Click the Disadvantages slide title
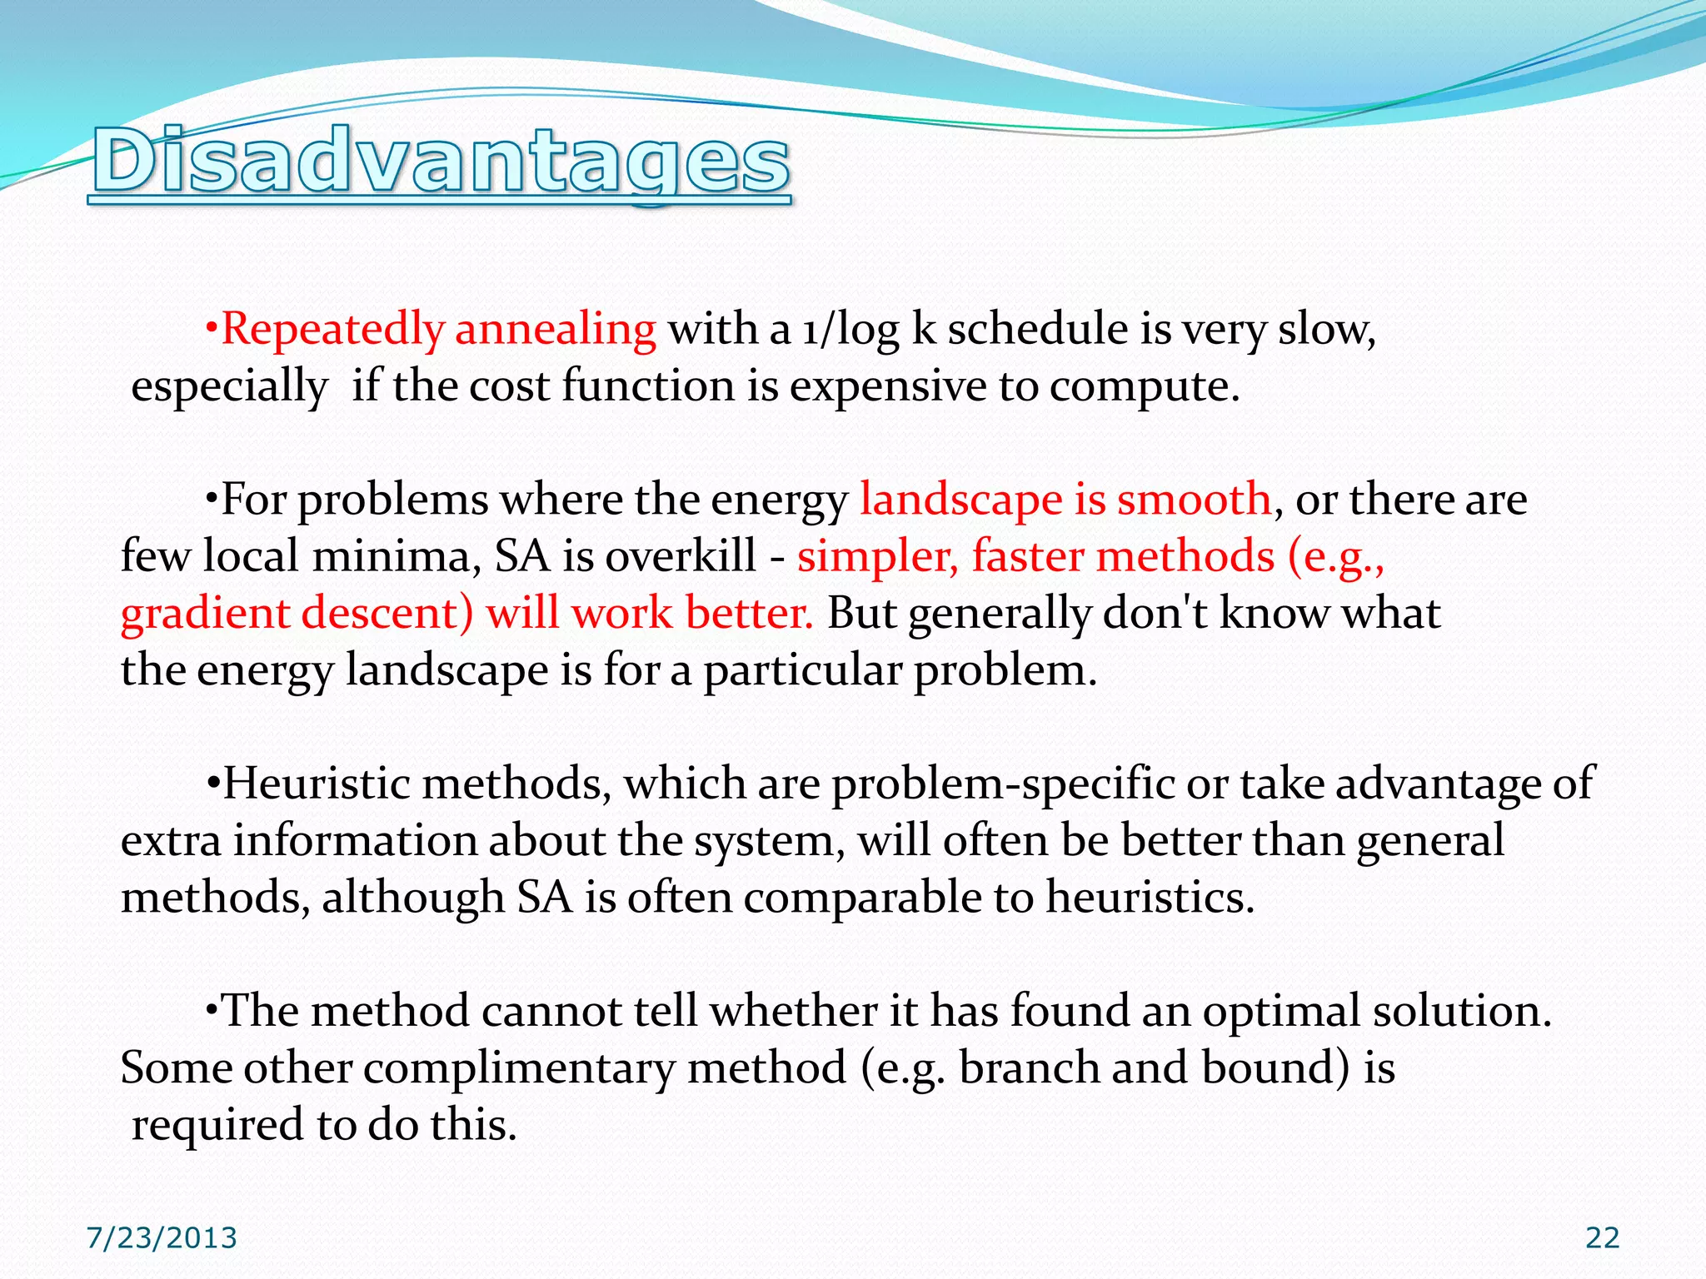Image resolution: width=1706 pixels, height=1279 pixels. coord(441,162)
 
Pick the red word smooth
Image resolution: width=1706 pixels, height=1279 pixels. coord(1193,500)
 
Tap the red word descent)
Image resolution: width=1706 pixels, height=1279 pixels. coord(387,614)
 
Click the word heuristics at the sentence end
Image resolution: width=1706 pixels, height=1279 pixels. coord(1150,898)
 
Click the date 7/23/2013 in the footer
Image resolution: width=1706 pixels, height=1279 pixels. coord(162,1238)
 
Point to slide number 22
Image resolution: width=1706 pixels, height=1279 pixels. coord(1602,1238)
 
